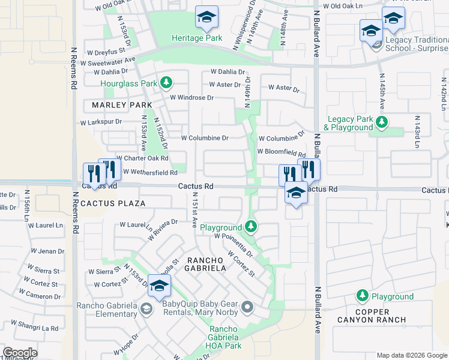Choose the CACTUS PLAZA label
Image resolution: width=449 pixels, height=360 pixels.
coord(113,203)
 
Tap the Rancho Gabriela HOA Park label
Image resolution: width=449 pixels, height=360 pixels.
coord(234,337)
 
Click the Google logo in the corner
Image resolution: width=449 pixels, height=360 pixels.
coord(20,353)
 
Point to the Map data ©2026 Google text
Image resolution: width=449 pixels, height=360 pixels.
coord(411,355)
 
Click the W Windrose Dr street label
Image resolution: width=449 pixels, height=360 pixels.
coord(192,97)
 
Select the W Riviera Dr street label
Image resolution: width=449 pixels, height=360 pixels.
coord(163,229)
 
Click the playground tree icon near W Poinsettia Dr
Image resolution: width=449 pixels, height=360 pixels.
coord(252,227)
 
